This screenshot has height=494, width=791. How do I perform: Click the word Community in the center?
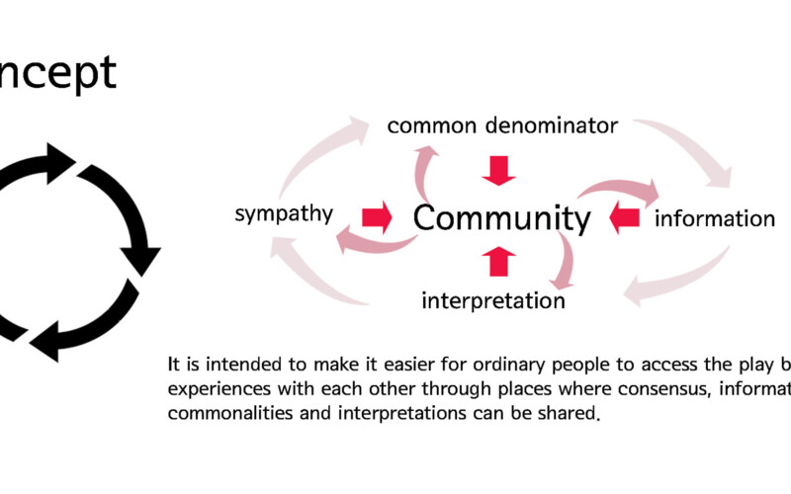[x=501, y=217]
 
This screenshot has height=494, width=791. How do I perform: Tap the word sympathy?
[x=284, y=214]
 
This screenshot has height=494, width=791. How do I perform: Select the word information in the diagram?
[x=715, y=217]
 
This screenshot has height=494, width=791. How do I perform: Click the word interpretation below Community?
[x=493, y=299]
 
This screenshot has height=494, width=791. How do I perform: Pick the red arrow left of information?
[x=626, y=217]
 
